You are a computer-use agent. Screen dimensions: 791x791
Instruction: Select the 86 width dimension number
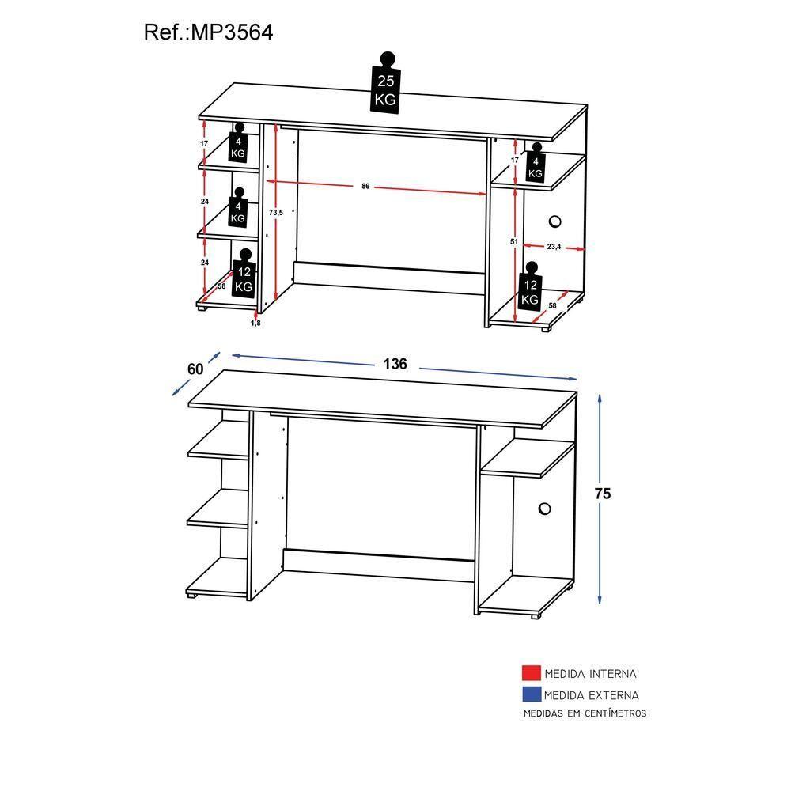[x=365, y=187]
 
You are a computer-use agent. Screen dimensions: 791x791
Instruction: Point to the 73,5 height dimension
[x=275, y=212]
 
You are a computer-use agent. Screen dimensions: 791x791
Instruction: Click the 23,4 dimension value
[x=553, y=248]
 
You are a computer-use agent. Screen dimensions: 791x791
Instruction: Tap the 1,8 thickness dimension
[x=255, y=323]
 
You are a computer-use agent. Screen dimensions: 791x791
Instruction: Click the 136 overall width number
[x=395, y=364]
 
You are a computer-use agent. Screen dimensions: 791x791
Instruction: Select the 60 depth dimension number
[x=195, y=369]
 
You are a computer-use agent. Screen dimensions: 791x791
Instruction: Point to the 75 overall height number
[x=603, y=493]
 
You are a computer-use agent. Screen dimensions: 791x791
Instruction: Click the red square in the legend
[x=530, y=674]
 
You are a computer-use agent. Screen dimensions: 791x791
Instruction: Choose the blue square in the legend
[x=530, y=694]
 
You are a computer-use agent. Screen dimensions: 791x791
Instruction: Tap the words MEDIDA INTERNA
[x=590, y=675]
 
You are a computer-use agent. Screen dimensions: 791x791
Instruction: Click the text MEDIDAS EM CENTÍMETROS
[x=585, y=713]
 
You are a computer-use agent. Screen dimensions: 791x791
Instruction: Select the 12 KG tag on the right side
[x=529, y=292]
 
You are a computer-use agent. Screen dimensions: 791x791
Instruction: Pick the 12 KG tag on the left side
[x=244, y=278]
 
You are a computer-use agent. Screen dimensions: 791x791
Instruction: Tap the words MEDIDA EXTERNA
[x=591, y=695]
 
